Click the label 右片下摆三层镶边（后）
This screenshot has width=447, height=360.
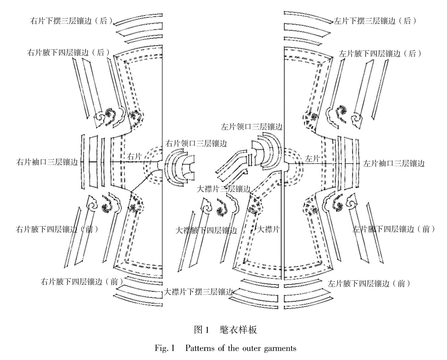pyautogui.click(x=72, y=21)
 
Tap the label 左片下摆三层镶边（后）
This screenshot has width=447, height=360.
pyautogui.click(x=375, y=21)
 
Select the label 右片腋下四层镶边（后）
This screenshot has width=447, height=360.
pyautogui.click(x=68, y=52)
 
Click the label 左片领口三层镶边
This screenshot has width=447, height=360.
pyautogui.click(x=252, y=127)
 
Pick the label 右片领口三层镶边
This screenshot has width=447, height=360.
pyautogui.click(x=196, y=144)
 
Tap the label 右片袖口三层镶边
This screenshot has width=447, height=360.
pyautogui.click(x=47, y=162)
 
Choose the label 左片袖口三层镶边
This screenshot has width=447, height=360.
pyautogui.click(x=394, y=163)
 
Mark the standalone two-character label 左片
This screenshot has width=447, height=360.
pyautogui.click(x=312, y=159)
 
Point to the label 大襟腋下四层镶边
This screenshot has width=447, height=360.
pyautogui.click(x=206, y=230)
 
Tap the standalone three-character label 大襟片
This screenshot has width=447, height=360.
pyautogui.click(x=268, y=229)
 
